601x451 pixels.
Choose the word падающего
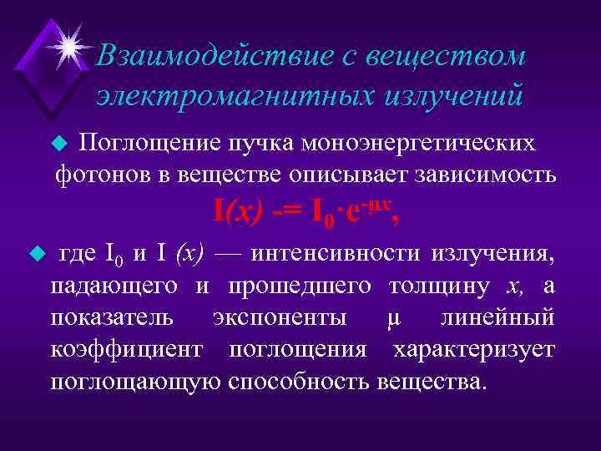pos(113,286)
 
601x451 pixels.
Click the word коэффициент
pos(125,350)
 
